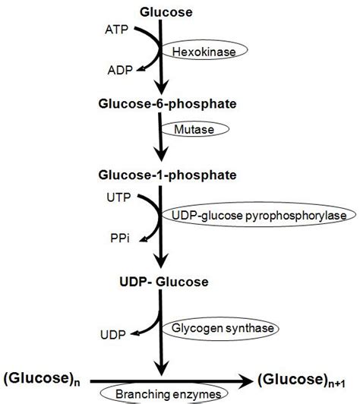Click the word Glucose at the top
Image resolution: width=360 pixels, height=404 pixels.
(166, 11)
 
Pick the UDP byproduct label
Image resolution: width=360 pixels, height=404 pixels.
(111, 334)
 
